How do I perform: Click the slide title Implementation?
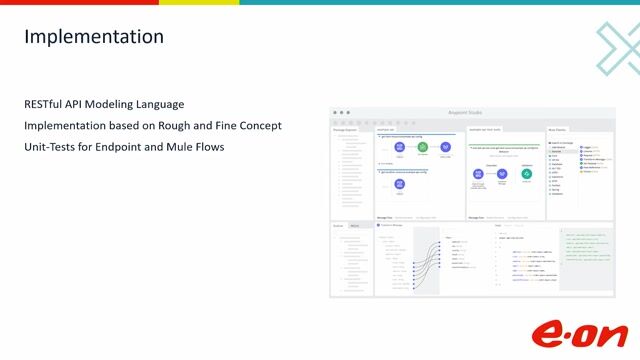pyautogui.click(x=94, y=37)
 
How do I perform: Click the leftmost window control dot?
pyautogui.click(x=336, y=112)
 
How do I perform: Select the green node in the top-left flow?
pyautogui.click(x=422, y=148)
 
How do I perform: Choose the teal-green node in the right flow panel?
pyautogui.click(x=526, y=174)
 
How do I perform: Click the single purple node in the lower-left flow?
pyautogui.click(x=399, y=183)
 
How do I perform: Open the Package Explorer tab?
pyautogui.click(x=344, y=129)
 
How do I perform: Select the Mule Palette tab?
pyautogui.click(x=558, y=129)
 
